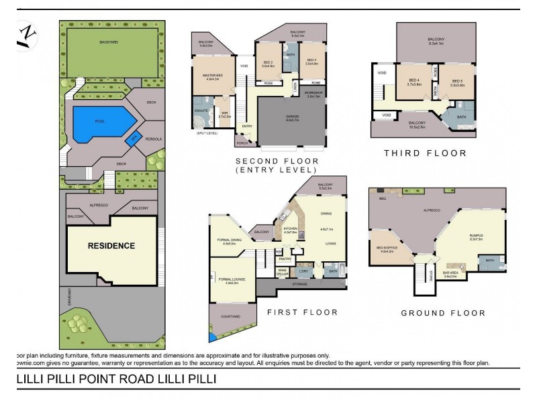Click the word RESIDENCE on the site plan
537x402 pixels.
click(x=111, y=245)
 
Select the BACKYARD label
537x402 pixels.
click(x=109, y=42)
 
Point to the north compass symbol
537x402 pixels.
click(x=28, y=35)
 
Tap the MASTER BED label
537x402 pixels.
click(x=212, y=74)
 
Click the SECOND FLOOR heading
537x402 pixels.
click(x=277, y=161)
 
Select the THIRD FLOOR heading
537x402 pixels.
click(x=425, y=153)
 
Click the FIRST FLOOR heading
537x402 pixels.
click(x=302, y=312)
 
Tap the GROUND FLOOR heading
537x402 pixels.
click(x=442, y=313)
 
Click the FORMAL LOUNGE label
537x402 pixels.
click(x=228, y=279)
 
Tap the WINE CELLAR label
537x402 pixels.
click(x=283, y=271)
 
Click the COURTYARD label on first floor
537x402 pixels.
click(x=228, y=317)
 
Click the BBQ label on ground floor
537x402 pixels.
click(x=382, y=199)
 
